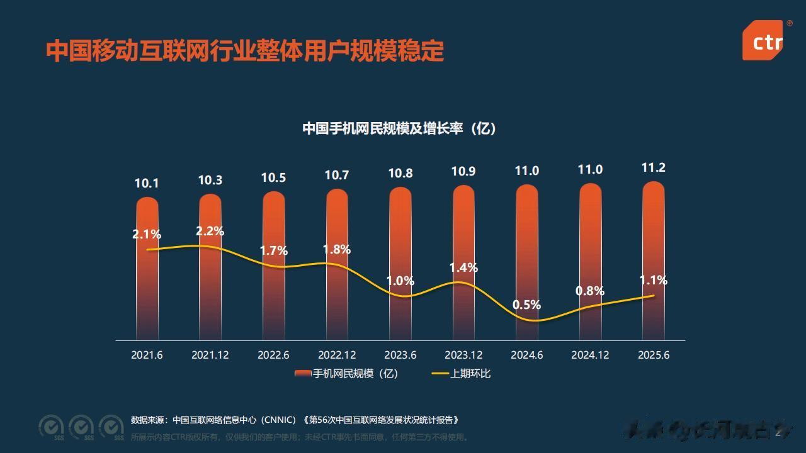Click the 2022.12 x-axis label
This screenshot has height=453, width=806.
click(337, 355)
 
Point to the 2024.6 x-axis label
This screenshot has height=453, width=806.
click(527, 355)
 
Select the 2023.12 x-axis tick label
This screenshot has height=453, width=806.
click(463, 355)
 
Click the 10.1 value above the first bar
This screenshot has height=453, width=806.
click(147, 184)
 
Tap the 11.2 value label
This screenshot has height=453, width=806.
click(654, 168)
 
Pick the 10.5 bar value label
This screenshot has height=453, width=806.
click(273, 178)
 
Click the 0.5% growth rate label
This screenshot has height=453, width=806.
click(526, 305)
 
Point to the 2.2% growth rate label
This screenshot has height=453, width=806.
click(210, 232)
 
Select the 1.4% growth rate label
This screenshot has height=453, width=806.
click(463, 268)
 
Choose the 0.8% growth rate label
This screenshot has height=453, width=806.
click(590, 291)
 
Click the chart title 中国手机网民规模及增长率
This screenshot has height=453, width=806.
click(399, 128)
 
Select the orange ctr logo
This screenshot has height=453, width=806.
click(767, 42)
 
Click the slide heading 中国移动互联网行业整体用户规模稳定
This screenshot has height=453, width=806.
click(245, 51)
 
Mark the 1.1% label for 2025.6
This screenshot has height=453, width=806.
click(653, 281)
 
